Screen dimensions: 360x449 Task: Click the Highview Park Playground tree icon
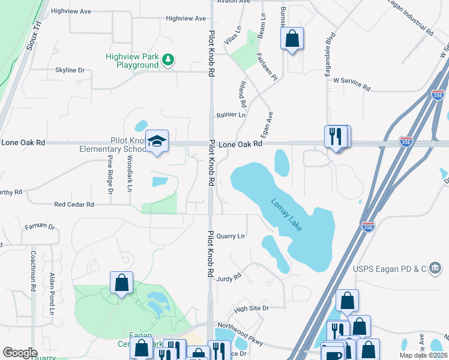click(x=170, y=59)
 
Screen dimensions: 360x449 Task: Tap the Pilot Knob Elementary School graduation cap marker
click(x=157, y=142)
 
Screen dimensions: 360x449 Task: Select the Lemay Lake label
click(x=286, y=212)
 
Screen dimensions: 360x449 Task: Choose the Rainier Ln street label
click(x=231, y=115)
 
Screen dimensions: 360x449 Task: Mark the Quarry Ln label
click(x=231, y=236)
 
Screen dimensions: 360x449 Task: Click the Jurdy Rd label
click(x=229, y=278)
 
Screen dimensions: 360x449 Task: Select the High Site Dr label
click(x=252, y=308)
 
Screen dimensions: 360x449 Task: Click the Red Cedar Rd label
click(x=74, y=205)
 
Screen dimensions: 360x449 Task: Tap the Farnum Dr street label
click(x=40, y=227)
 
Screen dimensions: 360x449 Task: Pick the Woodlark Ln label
click(x=130, y=174)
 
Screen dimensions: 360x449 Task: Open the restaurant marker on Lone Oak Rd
click(x=337, y=137)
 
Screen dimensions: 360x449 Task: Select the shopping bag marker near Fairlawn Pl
click(x=292, y=39)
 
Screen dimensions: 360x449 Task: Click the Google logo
click(x=20, y=353)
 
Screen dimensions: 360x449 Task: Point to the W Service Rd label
click(x=352, y=83)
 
